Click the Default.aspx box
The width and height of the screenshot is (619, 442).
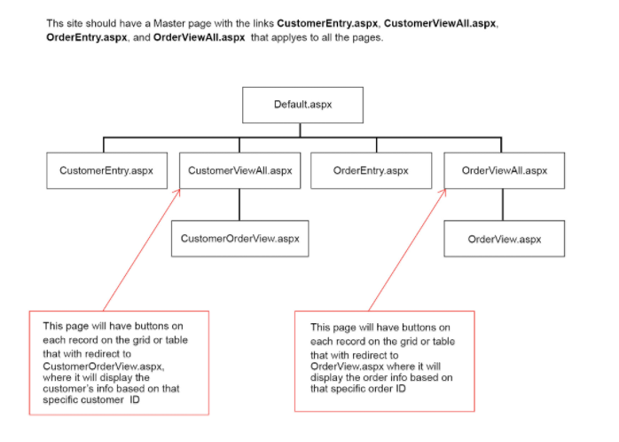pyautogui.click(x=302, y=105)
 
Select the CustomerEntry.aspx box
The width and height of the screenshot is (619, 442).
pyautogui.click(x=106, y=170)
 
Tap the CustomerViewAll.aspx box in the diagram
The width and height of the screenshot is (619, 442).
pyautogui.click(x=239, y=170)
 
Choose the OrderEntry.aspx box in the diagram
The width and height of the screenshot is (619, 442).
pyautogui.click(x=371, y=170)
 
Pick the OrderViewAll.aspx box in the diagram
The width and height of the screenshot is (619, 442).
pyautogui.click(x=504, y=170)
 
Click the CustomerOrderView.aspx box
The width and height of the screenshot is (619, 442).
pyautogui.click(x=239, y=239)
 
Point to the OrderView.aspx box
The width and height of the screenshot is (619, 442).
pyautogui.click(x=504, y=239)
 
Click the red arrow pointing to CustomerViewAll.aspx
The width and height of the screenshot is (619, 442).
pyautogui.click(x=142, y=249)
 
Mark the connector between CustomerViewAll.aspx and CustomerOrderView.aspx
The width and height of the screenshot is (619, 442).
pyautogui.click(x=239, y=204)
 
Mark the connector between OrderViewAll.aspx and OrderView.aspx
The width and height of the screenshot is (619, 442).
pyautogui.click(x=504, y=204)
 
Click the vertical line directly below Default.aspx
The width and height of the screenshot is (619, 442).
pyautogui.click(x=302, y=130)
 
